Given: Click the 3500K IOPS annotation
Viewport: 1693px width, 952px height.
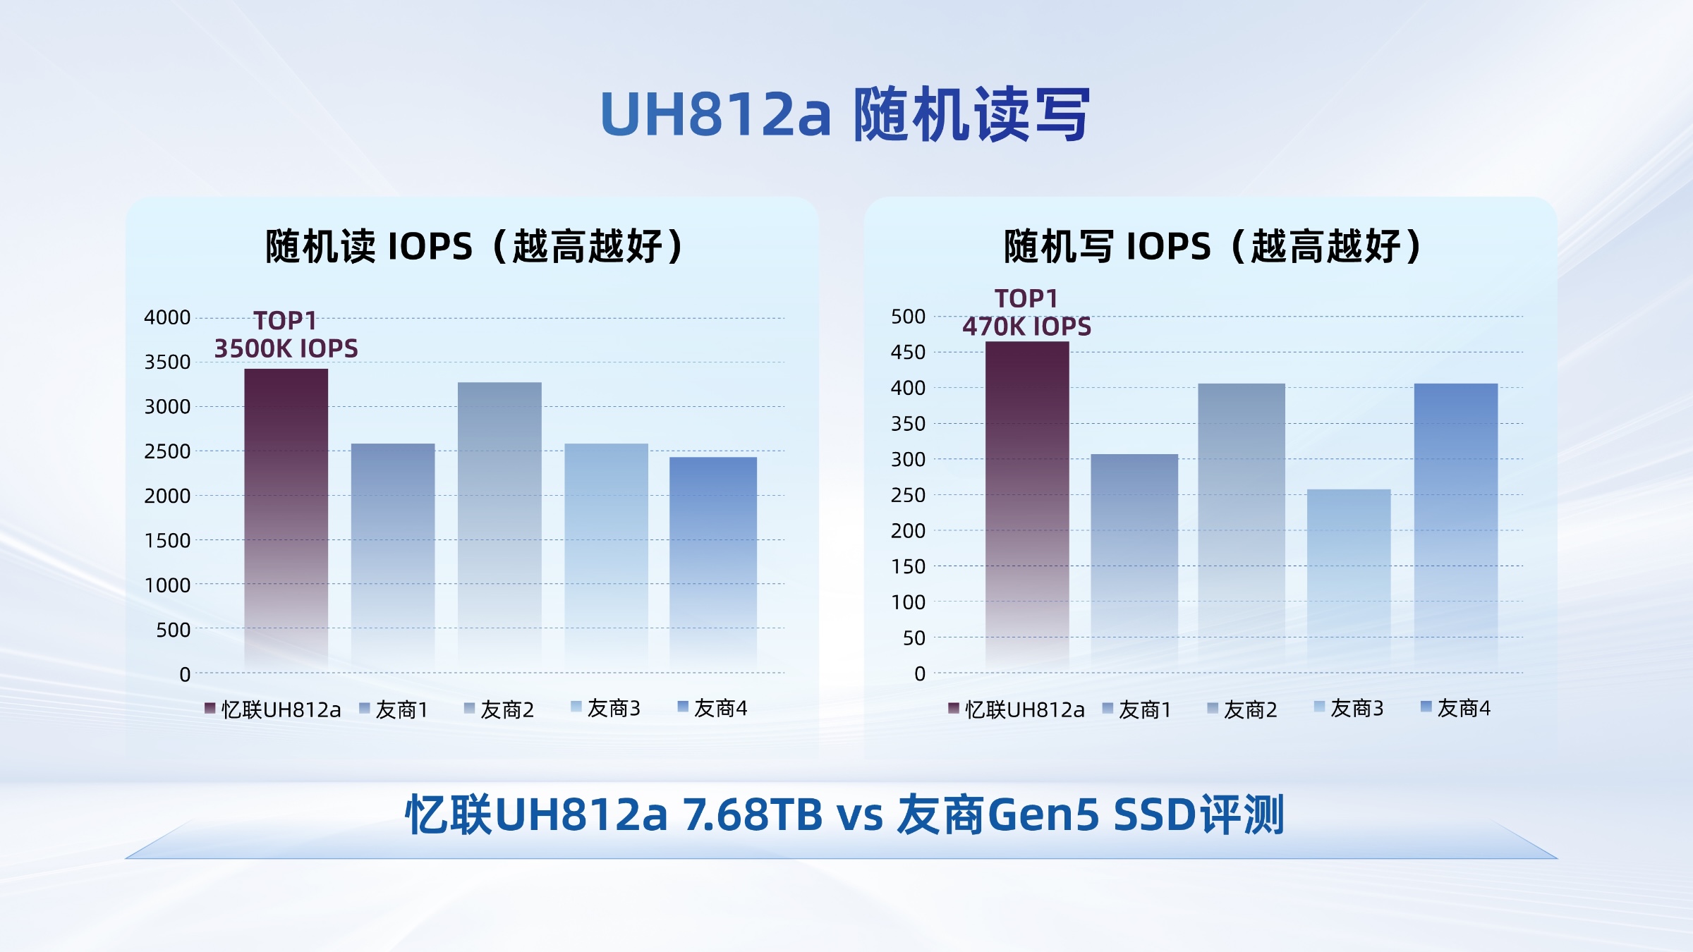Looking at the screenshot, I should point(286,348).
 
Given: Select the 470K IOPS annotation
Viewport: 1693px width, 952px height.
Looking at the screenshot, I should point(1026,327).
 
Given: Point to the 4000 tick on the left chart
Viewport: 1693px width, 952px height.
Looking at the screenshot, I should point(167,317).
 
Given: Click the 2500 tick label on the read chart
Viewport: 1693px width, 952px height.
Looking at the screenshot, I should point(167,451).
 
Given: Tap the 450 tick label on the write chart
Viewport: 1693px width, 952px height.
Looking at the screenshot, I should point(908,352).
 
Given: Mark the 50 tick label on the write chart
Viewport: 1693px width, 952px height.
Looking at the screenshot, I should point(914,638).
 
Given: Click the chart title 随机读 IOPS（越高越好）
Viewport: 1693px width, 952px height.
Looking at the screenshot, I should point(474,246).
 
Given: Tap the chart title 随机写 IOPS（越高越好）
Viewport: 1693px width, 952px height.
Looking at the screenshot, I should point(1212,246).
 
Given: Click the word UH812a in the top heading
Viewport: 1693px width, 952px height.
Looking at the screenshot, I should point(715,114).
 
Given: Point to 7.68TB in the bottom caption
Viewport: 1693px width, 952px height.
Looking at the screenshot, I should point(753,814).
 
